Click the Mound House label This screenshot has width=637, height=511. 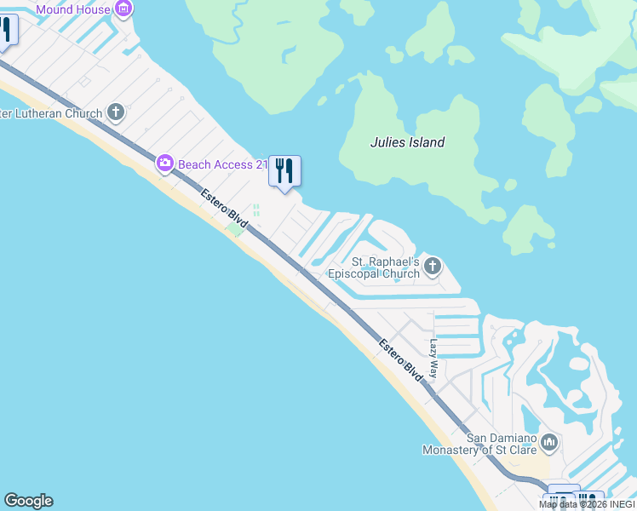click(x=73, y=9)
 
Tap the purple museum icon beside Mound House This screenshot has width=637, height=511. click(x=123, y=9)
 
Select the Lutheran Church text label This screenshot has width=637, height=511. click(x=51, y=113)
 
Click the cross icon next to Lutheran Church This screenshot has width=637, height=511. click(x=116, y=112)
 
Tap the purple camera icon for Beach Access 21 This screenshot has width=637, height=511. click(x=165, y=164)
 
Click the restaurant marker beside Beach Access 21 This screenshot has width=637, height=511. click(x=284, y=171)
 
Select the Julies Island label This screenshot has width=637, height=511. click(x=407, y=142)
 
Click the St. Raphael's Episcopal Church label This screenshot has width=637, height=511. click(x=374, y=267)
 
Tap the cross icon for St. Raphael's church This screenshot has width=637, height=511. click(x=433, y=267)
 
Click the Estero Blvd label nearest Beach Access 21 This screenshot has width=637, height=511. click(x=224, y=208)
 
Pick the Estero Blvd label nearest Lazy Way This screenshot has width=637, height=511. click(x=401, y=359)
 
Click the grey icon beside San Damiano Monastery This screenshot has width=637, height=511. click(x=548, y=443)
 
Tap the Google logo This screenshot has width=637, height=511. click(x=28, y=501)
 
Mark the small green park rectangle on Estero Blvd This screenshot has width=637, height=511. click(x=234, y=228)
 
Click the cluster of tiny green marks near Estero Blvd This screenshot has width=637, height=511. click(x=255, y=210)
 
